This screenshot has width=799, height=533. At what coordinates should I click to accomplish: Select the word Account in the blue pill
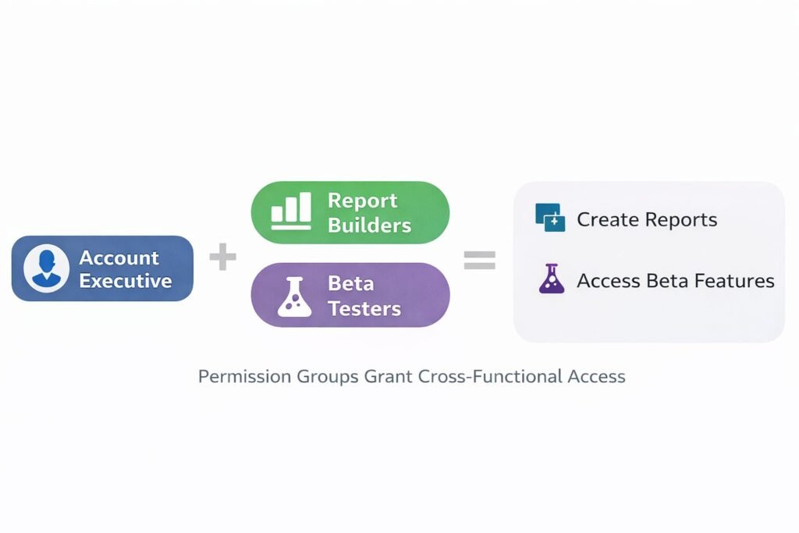119,258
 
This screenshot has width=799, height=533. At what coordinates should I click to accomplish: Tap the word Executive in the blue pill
125,280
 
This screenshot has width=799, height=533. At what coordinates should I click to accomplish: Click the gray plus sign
222,258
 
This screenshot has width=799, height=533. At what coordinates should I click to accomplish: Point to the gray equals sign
479,260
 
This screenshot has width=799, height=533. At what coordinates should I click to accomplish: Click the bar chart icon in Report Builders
291,212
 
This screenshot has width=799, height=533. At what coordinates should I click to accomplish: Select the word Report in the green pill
362,201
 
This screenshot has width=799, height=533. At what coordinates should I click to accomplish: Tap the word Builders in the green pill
369,226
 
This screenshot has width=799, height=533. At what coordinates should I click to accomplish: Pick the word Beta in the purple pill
350,283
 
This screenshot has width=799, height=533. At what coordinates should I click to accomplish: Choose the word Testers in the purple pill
364,309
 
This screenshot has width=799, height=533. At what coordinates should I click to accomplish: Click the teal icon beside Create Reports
550,218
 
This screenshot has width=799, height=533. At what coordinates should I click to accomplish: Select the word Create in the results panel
605,219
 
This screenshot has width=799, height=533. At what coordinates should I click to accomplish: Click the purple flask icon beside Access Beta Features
552,279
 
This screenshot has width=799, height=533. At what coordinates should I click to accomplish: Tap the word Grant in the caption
389,376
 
